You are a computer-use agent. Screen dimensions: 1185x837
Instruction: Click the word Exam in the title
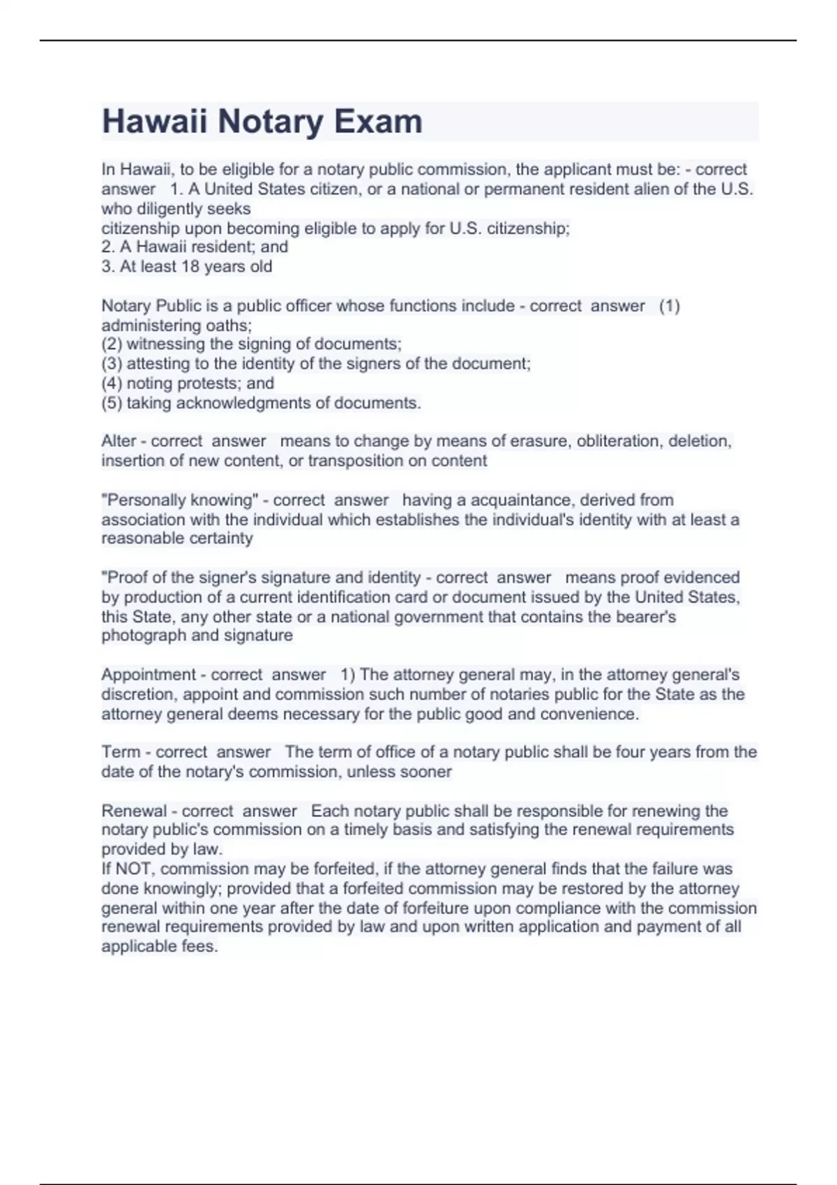pos(378,121)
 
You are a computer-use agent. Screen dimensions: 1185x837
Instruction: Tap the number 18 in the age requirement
pos(190,266)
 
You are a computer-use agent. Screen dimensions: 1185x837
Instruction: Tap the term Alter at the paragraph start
pos(119,441)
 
